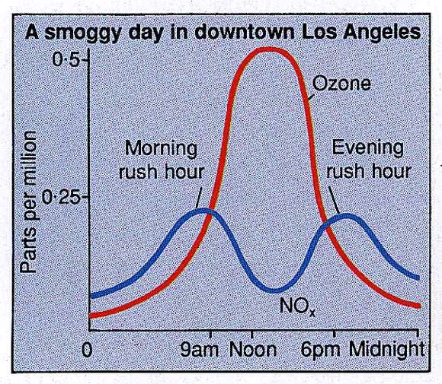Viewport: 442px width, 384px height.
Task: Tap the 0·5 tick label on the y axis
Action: click(70, 59)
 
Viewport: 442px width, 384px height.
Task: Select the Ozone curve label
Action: click(341, 83)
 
